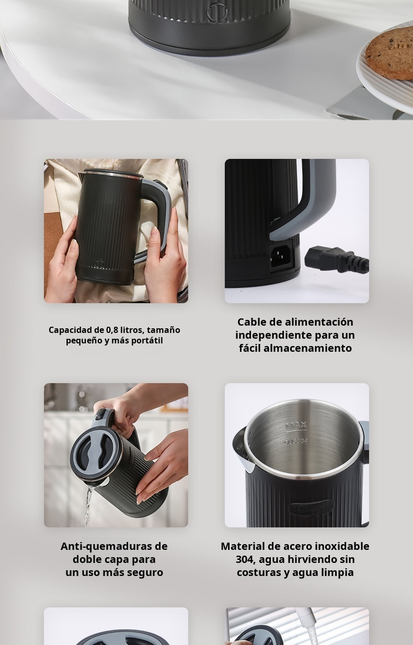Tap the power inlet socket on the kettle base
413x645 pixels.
coord(280,256)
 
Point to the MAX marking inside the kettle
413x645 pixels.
coord(296,425)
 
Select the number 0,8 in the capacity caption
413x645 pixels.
coord(112,330)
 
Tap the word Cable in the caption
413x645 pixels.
coord(253,322)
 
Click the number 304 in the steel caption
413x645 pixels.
coord(245,559)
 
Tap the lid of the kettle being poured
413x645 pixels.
coord(92,453)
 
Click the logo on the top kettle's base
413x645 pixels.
coord(217,11)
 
